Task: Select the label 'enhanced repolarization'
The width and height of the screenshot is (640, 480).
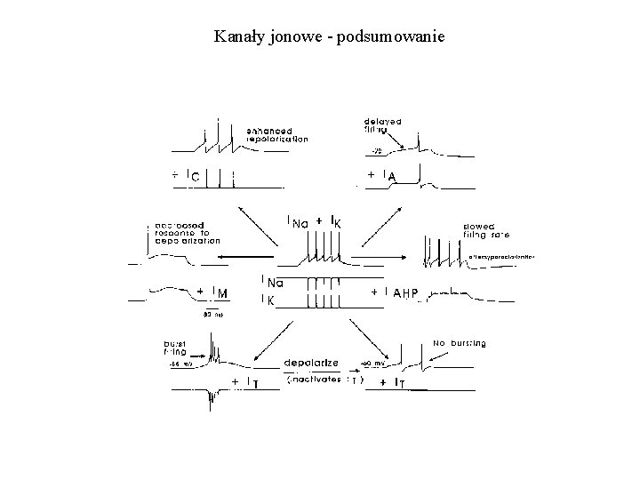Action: pyautogui.click(x=277, y=135)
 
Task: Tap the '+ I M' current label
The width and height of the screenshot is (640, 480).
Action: pyautogui.click(x=212, y=293)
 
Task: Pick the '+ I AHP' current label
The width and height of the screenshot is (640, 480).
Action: pyautogui.click(x=395, y=293)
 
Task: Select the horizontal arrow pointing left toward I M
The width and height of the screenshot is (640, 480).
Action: pyautogui.click(x=236, y=258)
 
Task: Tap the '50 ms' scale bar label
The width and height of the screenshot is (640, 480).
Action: pyautogui.click(x=213, y=314)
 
